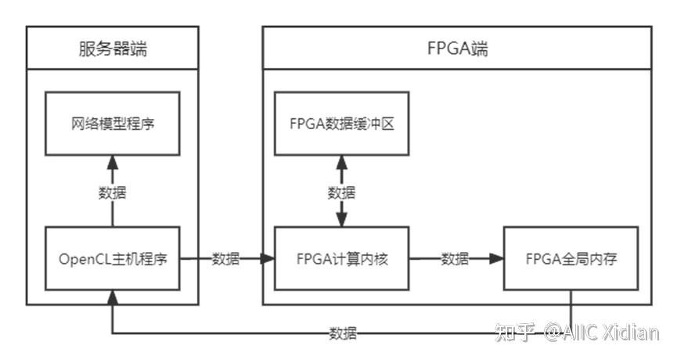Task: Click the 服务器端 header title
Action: pos(113,50)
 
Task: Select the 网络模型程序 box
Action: pos(112,123)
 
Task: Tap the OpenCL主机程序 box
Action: pos(112,259)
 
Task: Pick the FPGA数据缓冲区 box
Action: pos(341,123)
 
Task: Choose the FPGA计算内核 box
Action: pos(341,259)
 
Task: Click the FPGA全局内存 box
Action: pos(571,259)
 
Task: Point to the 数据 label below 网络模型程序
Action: pos(112,192)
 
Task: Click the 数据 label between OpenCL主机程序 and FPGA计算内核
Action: pos(226,259)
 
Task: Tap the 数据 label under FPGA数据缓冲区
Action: pos(341,192)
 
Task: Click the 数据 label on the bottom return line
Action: pos(343,334)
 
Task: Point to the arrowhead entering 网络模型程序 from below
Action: pos(112,161)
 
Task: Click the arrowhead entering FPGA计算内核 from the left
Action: pos(267,259)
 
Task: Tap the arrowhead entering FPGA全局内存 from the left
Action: pos(495,259)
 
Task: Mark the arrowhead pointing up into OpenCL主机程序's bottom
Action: pos(112,298)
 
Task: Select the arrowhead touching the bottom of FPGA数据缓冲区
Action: pos(341,161)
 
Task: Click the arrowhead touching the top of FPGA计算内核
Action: pos(341,221)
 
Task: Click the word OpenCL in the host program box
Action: pos(81,259)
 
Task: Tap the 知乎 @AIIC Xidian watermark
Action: pos(577,333)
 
